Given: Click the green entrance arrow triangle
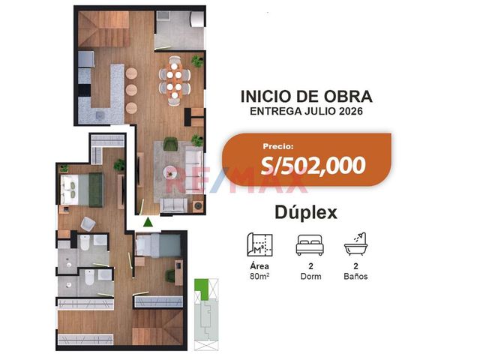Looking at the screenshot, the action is (148, 222).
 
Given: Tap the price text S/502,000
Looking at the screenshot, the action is (313, 165).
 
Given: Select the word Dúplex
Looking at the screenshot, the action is (306, 212).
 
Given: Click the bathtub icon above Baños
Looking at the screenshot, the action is (355, 244).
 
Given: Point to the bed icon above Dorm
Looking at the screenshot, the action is (310, 245).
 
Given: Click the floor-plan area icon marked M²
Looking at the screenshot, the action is (259, 244).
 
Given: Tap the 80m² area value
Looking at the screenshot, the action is (259, 277).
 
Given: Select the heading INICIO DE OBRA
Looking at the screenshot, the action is (307, 97).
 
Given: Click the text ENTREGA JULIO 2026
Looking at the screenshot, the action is (307, 111).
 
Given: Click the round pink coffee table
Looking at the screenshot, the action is (170, 172).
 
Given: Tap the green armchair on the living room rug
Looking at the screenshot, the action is (170, 144).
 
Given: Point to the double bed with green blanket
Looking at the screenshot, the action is (82, 190).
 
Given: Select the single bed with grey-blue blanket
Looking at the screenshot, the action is (158, 245).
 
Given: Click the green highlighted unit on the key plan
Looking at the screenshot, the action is (202, 288).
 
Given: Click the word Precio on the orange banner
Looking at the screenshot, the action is (278, 146).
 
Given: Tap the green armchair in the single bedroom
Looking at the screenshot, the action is (170, 275).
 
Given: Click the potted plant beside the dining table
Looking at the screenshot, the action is (197, 61).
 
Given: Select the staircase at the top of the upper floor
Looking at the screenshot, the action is (103, 29).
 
